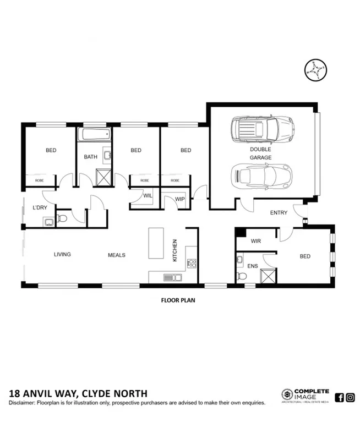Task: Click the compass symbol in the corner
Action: point(314,70)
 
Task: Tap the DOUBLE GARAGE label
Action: point(260,153)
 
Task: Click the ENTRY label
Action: point(279,213)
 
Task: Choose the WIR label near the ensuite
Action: point(255,241)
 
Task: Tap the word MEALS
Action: point(116,255)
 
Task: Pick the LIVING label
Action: point(62,254)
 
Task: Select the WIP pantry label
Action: point(179,199)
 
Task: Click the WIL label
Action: point(148,195)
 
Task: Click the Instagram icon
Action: point(350,397)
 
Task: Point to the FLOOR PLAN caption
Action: point(178,301)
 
